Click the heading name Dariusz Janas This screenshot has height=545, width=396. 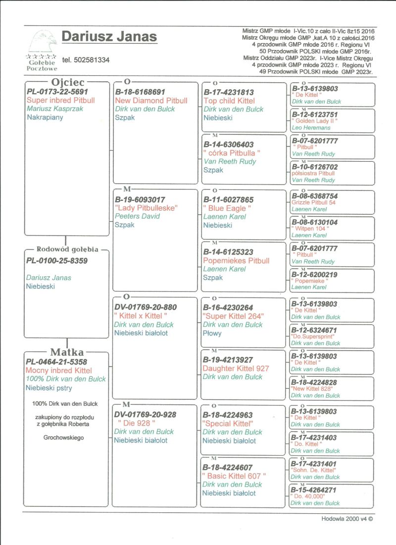(x=109, y=37)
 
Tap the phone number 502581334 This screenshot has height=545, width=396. (x=86, y=60)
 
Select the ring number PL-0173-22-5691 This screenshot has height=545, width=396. (x=57, y=92)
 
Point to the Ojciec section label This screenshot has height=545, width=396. (x=68, y=82)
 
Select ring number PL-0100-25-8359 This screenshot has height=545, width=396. (x=57, y=260)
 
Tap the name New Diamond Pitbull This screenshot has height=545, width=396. (x=151, y=101)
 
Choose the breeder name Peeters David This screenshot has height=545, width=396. (x=138, y=216)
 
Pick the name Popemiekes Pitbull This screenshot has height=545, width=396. (x=237, y=260)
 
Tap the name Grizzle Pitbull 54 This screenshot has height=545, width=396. (x=314, y=203)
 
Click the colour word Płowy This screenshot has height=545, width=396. (x=212, y=333)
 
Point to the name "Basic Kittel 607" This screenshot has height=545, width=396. (x=234, y=476)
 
